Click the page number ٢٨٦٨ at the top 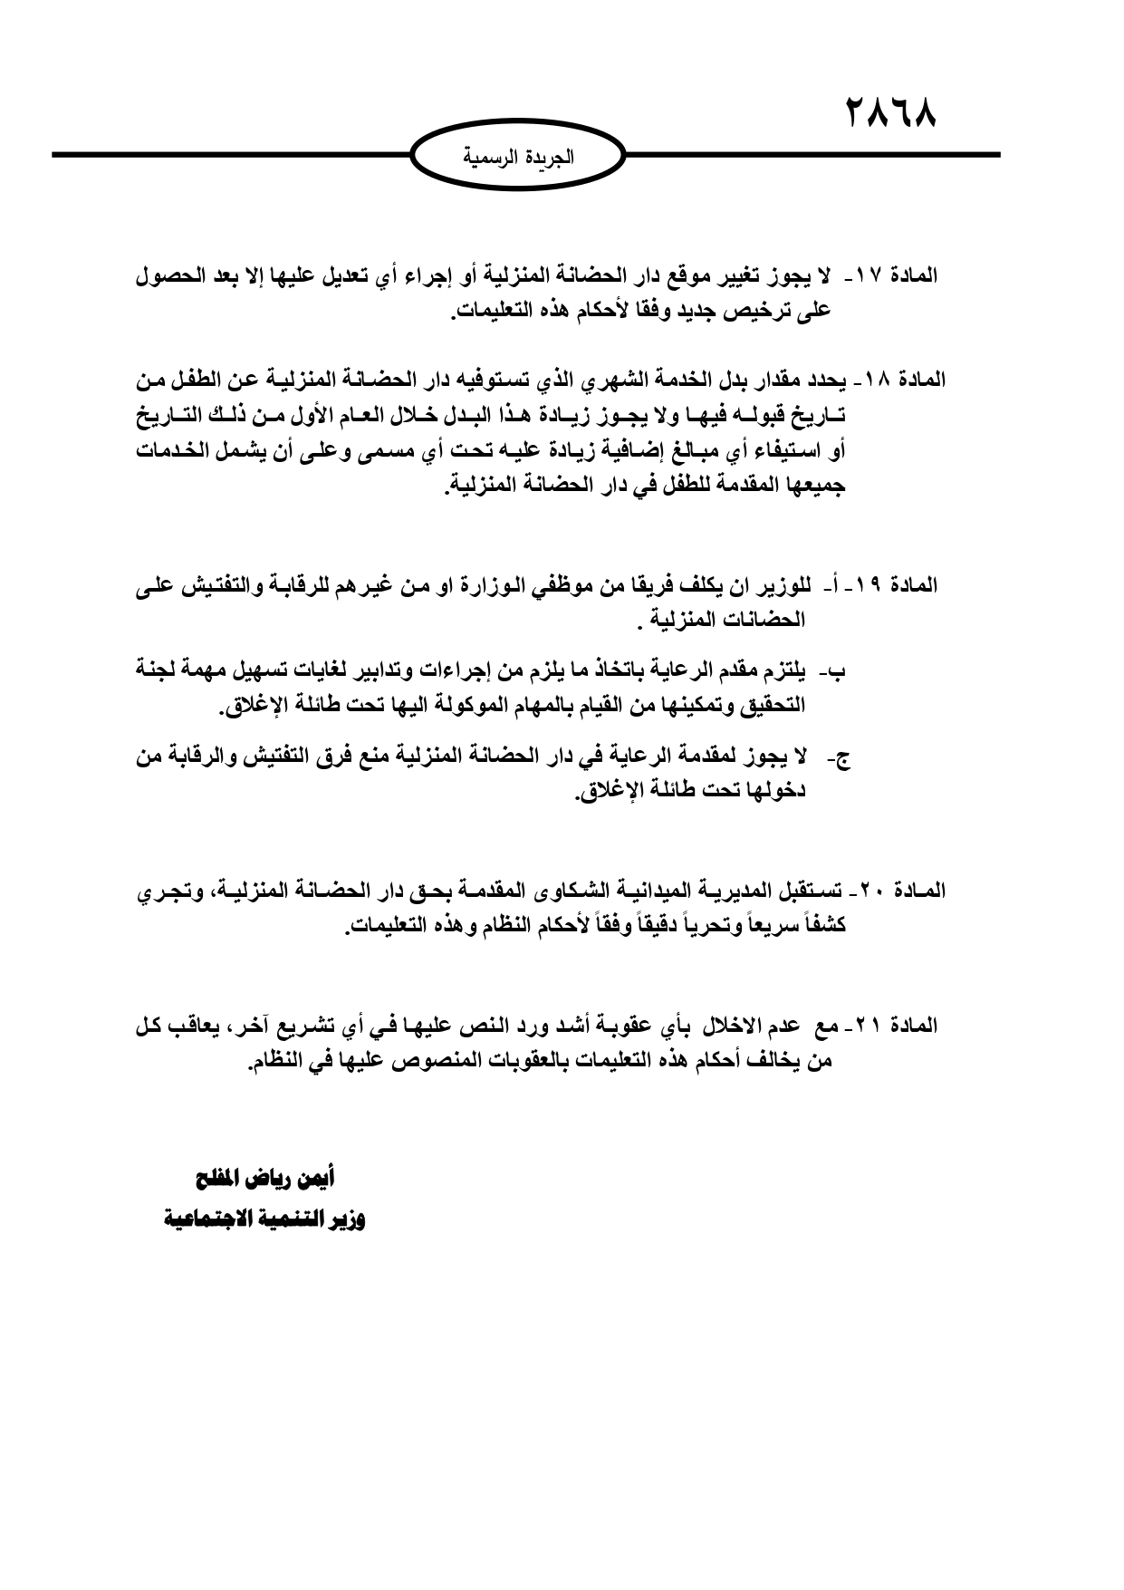click(890, 114)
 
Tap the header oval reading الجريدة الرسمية click(517, 156)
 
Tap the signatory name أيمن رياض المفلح click(262, 1178)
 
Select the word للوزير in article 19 click(782, 585)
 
